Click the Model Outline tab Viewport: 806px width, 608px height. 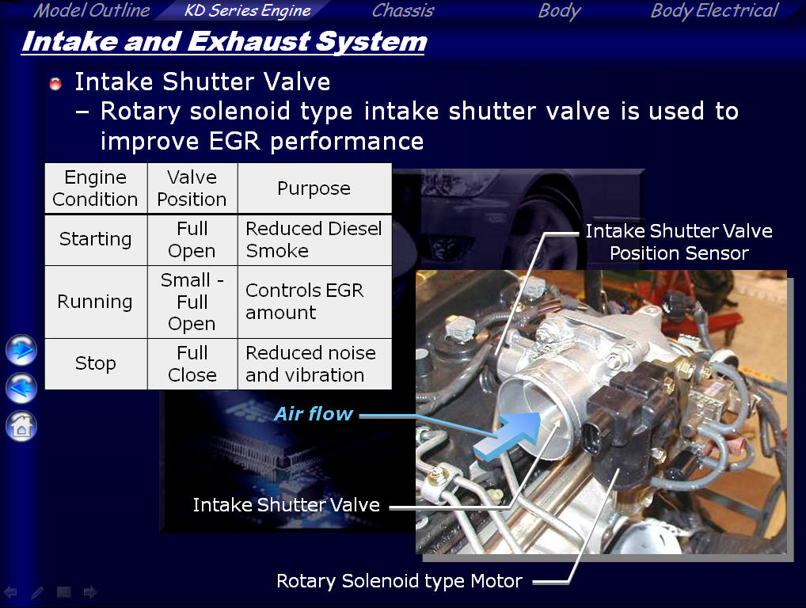click(x=92, y=10)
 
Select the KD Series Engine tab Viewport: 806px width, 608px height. click(x=247, y=10)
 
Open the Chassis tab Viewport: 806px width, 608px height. click(x=403, y=10)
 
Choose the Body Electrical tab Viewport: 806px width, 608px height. click(x=714, y=10)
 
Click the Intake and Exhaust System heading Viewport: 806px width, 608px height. click(x=224, y=42)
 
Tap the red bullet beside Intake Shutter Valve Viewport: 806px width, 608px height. click(x=55, y=83)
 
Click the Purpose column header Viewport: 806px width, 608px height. click(x=314, y=188)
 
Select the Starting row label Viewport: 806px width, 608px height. click(x=96, y=239)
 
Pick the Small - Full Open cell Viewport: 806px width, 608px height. click(x=192, y=302)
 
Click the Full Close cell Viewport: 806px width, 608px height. click(x=192, y=364)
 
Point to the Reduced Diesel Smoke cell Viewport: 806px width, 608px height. click(x=314, y=240)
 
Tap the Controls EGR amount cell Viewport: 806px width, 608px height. click(x=314, y=302)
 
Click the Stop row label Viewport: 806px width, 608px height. click(x=96, y=363)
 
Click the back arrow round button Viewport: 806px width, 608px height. click(x=21, y=387)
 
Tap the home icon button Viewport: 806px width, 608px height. click(x=21, y=426)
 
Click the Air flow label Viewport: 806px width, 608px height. click(x=314, y=414)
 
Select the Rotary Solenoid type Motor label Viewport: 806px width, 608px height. click(x=399, y=581)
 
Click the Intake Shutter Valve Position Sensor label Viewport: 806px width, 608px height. click(x=679, y=242)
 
